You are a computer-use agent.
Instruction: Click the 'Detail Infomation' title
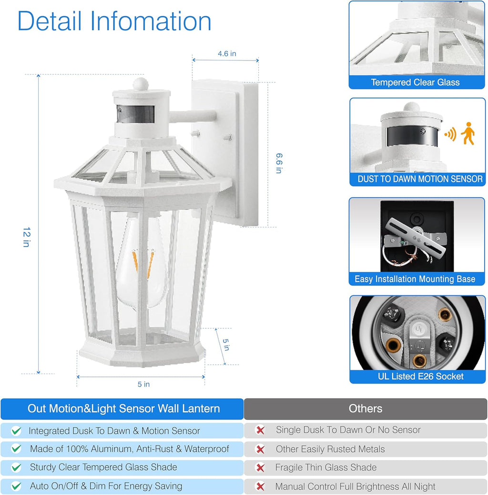pos(114,21)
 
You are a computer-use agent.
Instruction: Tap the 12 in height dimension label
pos(26,237)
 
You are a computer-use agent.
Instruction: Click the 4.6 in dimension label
pos(227,54)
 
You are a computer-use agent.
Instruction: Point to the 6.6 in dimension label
pos(279,163)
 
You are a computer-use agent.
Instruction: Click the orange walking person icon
pos(469,133)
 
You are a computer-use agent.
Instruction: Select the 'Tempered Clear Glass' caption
pos(415,82)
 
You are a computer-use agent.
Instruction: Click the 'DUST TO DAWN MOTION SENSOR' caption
pos(420,179)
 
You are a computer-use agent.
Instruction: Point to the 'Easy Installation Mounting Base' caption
pos(415,279)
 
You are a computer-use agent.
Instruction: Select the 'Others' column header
pos(365,408)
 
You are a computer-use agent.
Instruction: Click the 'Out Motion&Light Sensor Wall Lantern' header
pos(123,408)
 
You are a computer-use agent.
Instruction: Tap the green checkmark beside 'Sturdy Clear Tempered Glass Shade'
pos(17,468)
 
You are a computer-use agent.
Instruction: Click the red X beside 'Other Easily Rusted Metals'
pos(260,449)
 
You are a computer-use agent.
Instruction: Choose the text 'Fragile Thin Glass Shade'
pos(325,468)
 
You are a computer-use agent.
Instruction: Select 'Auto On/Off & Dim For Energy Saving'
pos(106,486)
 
